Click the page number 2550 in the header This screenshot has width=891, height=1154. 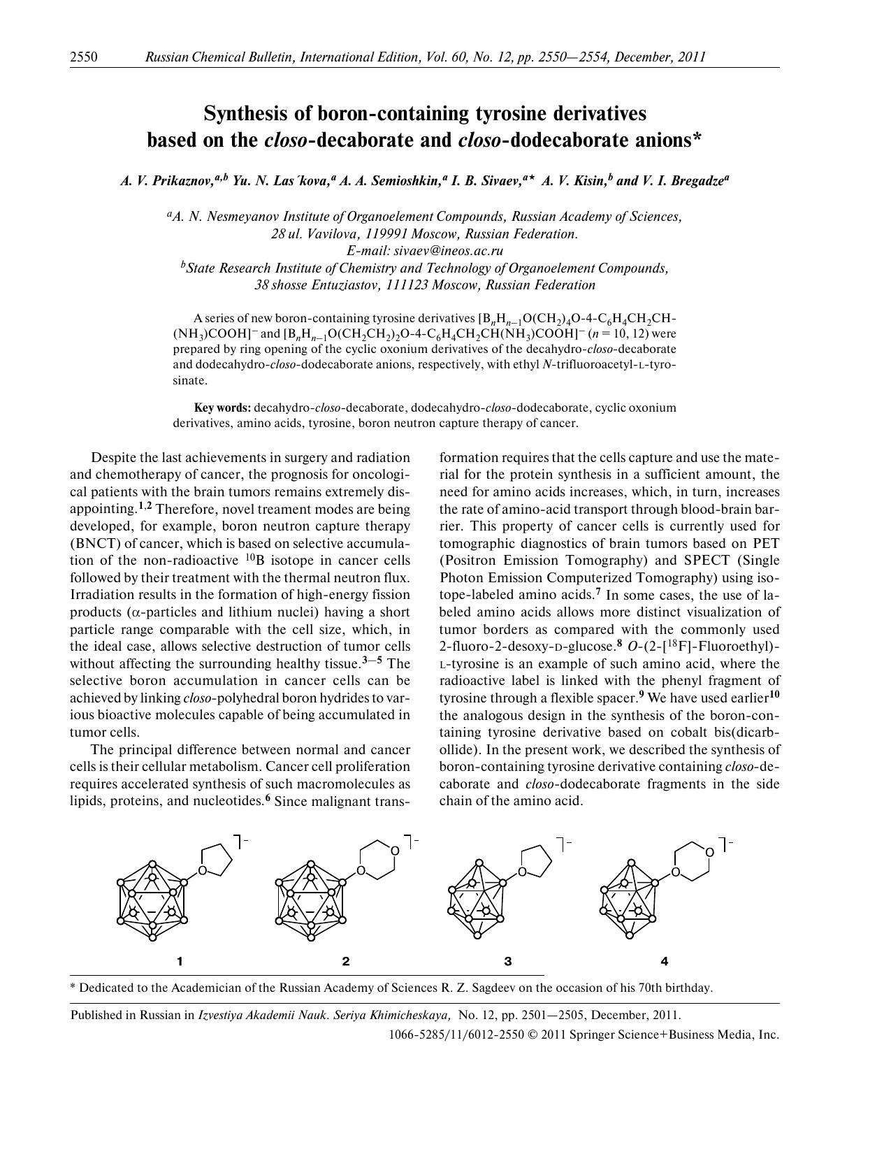point(83,57)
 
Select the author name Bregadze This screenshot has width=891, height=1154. point(697,181)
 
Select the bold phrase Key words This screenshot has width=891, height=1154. point(222,407)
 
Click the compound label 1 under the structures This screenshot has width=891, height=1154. point(180,961)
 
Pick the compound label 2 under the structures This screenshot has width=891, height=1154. point(346,961)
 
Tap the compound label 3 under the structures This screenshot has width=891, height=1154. point(508,961)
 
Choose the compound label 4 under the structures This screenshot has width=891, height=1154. point(664,961)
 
